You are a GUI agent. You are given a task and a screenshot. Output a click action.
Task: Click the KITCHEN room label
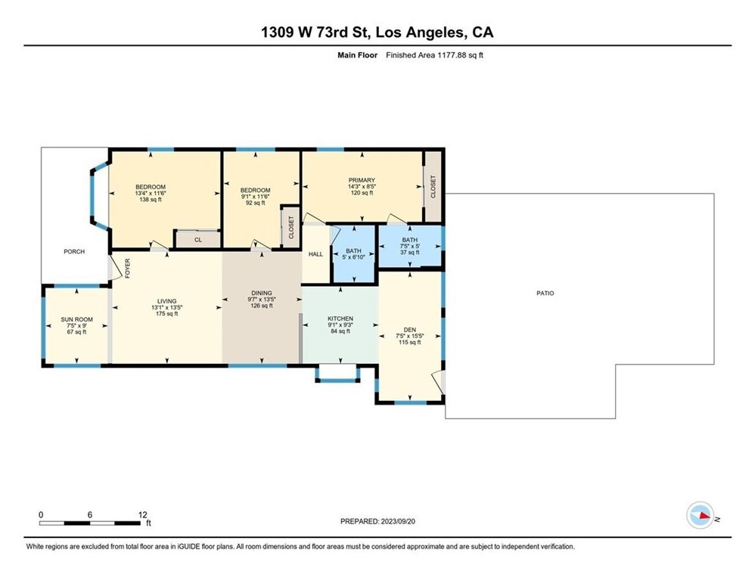click(x=340, y=318)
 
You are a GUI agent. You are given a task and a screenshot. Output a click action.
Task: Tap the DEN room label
click(x=410, y=331)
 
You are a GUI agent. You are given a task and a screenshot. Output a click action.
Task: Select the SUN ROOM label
click(x=76, y=319)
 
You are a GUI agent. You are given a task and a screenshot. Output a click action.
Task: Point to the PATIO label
click(x=545, y=293)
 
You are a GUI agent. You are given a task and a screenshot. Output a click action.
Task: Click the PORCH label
click(x=73, y=252)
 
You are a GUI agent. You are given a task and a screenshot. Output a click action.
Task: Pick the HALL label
click(x=315, y=254)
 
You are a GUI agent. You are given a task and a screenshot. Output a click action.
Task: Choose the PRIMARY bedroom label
click(x=362, y=180)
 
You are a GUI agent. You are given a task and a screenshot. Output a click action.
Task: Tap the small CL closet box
click(x=198, y=239)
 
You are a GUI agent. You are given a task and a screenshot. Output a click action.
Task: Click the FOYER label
click(x=127, y=269)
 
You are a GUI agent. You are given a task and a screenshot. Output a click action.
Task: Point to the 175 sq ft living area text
click(x=167, y=314)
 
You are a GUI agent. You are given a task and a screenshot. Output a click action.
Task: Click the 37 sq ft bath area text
click(x=409, y=252)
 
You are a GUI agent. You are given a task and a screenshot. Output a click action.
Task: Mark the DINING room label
click(x=261, y=294)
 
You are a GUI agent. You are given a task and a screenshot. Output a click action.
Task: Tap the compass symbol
click(x=700, y=516)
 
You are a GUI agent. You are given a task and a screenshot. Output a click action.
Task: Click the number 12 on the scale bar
click(x=142, y=514)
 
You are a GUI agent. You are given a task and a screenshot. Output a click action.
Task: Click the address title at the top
click(x=377, y=32)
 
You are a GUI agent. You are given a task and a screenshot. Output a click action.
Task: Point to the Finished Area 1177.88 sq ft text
click(x=434, y=54)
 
